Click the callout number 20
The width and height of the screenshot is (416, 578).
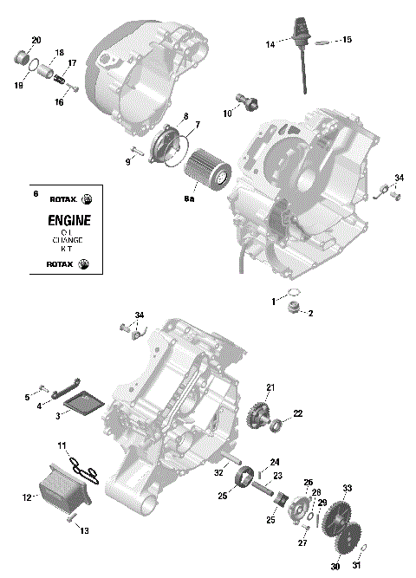point(36,41)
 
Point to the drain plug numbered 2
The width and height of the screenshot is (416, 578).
point(296,308)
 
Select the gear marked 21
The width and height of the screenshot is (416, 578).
point(257,413)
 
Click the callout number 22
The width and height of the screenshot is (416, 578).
point(297,414)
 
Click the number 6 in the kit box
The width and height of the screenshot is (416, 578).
point(35,194)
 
